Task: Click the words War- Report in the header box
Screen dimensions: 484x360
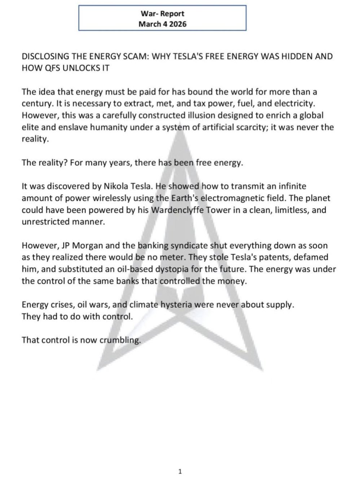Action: pyautogui.click(x=162, y=14)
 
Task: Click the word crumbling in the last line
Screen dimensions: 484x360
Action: pyautogui.click(x=122, y=340)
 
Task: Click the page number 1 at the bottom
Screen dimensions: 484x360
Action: pyautogui.click(x=180, y=471)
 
